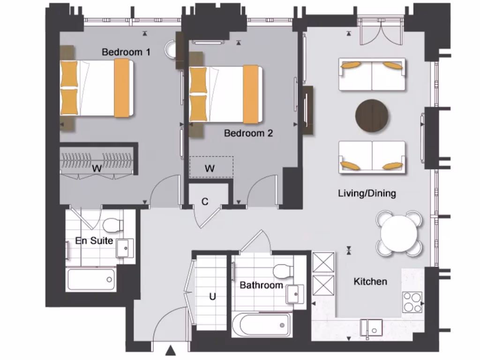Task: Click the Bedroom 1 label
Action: point(126,52)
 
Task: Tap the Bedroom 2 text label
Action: point(248,133)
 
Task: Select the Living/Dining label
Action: point(367,193)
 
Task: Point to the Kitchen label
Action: point(370,282)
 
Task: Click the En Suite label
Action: point(94,241)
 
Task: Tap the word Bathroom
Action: point(261,285)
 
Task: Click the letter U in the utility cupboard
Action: point(212,296)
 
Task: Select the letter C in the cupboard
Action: point(205,202)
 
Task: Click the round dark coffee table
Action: point(372,115)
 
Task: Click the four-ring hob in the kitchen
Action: point(412,302)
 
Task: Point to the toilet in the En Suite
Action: point(113,225)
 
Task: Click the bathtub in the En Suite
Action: point(91,280)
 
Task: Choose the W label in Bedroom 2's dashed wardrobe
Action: point(210,168)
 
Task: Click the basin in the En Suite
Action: point(125,248)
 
